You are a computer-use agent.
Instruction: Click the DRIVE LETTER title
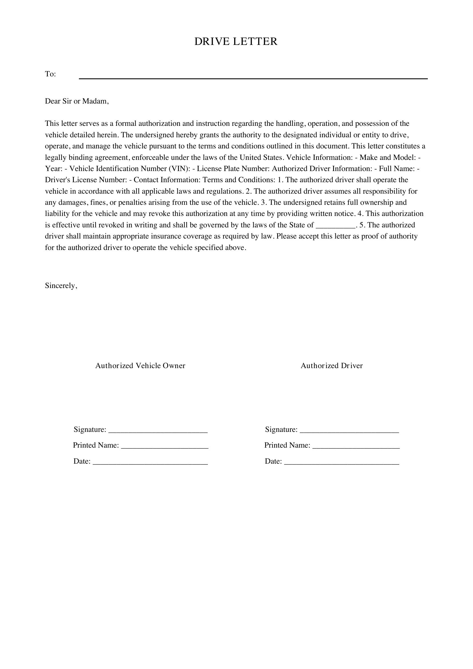(x=236, y=41)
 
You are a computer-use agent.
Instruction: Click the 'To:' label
(x=50, y=74)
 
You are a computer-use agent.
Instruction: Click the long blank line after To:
(x=253, y=78)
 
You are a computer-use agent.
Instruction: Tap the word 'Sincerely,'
(x=61, y=285)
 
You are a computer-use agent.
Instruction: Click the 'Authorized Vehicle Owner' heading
(x=140, y=366)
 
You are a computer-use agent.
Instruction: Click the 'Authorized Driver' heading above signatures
(x=331, y=366)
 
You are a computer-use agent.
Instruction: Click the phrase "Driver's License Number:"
(x=86, y=180)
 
